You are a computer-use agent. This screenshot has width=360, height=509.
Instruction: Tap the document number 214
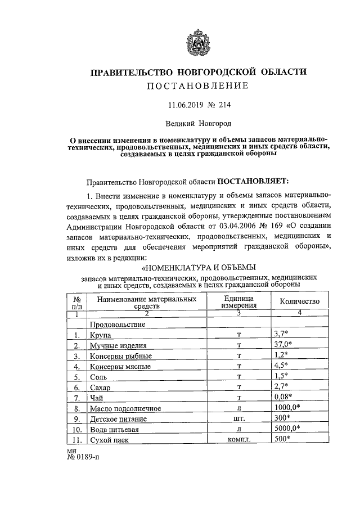coord(224,105)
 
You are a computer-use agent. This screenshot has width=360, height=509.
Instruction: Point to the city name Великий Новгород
coord(199,122)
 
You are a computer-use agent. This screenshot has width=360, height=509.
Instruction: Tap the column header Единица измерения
coord(238,301)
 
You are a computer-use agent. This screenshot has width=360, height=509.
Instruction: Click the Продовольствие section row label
coord(118,325)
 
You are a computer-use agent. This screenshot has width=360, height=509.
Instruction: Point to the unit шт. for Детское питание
coord(239,418)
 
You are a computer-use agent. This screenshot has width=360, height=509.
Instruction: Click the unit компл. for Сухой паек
coord(239,439)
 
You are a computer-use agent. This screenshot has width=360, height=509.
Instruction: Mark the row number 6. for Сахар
coord(76,388)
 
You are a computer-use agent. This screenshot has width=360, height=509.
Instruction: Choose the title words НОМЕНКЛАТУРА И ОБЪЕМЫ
coord(200,266)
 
